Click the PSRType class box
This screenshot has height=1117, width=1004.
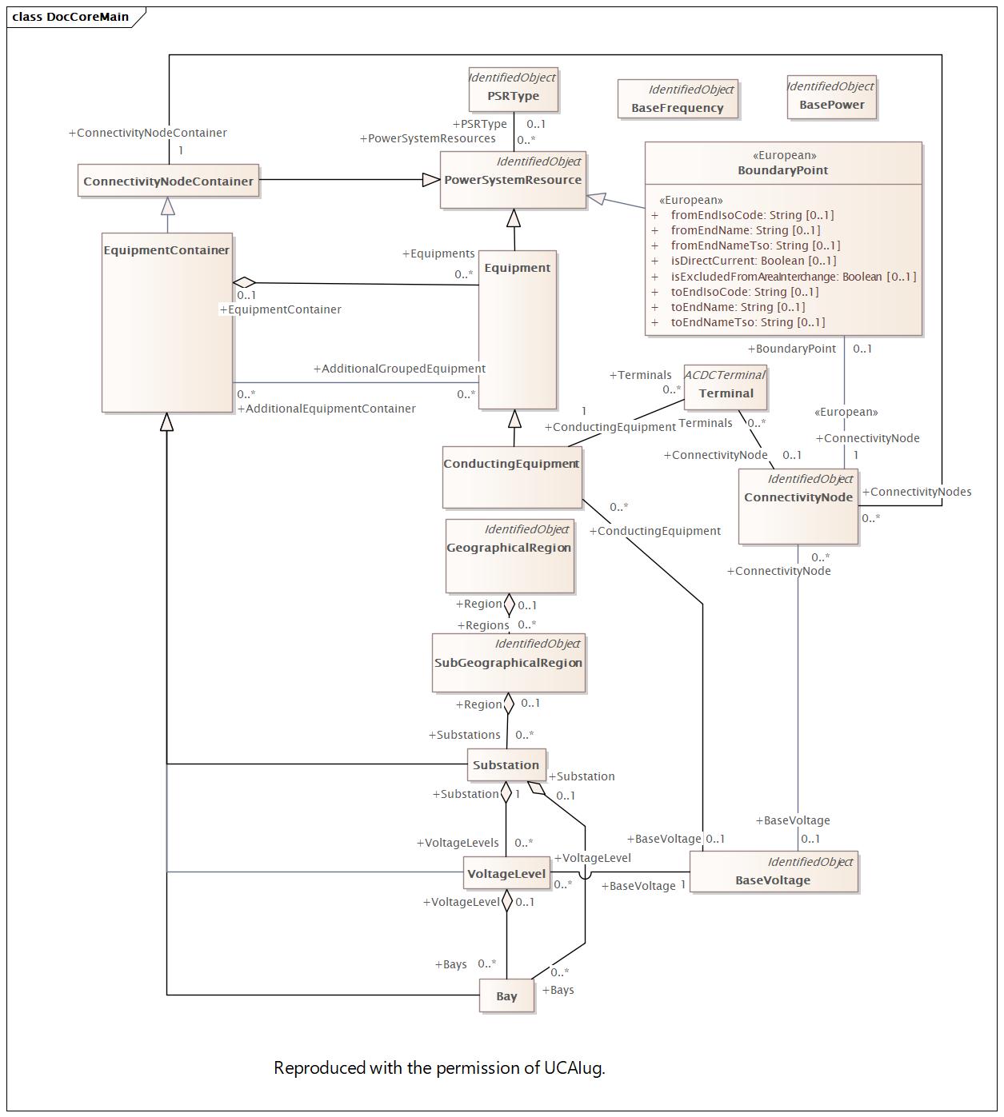513,89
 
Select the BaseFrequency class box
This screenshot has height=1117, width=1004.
678,99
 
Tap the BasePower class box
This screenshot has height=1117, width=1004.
831,98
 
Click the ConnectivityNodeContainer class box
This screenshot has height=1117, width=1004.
168,182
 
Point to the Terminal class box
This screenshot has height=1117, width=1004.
726,388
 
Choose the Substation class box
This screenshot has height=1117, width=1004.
506,765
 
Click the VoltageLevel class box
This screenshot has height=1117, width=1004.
506,874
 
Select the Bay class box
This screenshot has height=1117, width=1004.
506,996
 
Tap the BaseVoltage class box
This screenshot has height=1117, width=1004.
773,872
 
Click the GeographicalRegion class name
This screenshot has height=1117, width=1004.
509,548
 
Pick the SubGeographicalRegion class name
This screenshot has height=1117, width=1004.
509,663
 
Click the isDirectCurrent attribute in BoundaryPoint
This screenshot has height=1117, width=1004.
753,261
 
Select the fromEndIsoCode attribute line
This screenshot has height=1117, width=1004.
752,215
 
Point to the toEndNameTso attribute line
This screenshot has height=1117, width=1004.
747,322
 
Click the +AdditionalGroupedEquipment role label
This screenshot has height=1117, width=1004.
399,369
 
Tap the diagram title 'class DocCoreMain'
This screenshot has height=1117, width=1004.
70,17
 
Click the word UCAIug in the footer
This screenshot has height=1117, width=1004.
574,1068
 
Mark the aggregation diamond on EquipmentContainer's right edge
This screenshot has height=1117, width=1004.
244,282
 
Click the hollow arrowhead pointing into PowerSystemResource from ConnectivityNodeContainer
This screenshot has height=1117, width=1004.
431,180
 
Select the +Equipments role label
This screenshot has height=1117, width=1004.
438,253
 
